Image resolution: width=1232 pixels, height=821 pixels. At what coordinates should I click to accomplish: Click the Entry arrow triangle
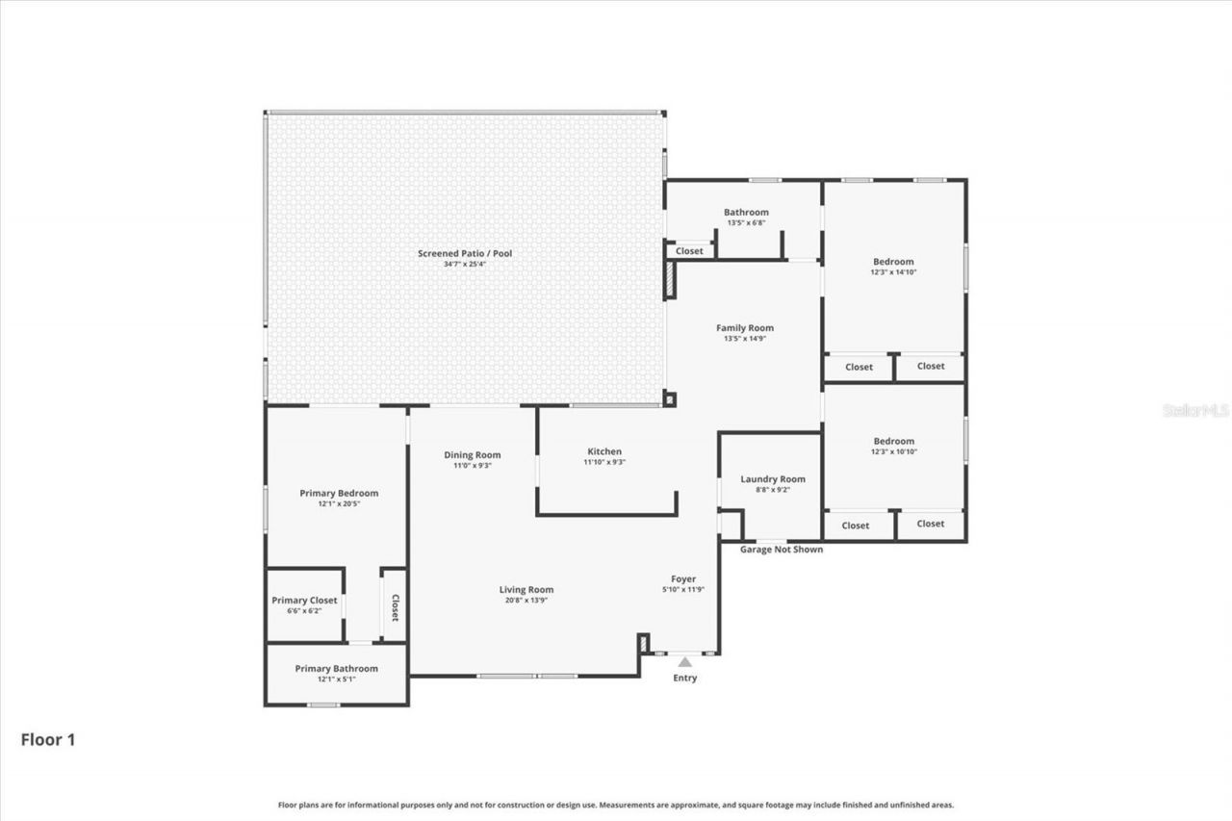click(x=684, y=661)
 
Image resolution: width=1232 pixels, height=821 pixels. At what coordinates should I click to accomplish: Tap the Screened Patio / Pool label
click(x=465, y=254)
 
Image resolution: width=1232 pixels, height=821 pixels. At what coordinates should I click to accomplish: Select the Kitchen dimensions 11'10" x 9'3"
click(x=604, y=463)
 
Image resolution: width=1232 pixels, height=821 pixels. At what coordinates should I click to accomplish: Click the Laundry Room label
click(x=773, y=479)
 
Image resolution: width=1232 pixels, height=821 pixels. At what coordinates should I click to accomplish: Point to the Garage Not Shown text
click(x=781, y=550)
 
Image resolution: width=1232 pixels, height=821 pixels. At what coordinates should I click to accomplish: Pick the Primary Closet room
click(x=304, y=604)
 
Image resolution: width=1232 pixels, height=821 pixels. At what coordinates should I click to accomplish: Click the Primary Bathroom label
click(x=336, y=668)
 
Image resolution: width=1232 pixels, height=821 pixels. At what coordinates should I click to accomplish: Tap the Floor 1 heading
click(x=48, y=739)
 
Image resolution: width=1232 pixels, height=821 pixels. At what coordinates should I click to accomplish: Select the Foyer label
click(x=683, y=578)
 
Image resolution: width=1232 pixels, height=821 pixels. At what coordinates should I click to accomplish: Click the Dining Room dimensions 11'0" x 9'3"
click(x=473, y=466)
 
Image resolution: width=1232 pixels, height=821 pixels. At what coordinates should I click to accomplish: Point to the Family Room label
click(x=745, y=328)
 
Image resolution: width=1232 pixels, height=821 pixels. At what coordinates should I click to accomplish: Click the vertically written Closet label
click(x=395, y=606)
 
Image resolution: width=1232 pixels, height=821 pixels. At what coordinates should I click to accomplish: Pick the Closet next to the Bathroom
click(x=689, y=251)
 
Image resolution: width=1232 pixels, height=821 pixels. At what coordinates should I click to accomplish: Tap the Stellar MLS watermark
click(x=1195, y=410)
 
